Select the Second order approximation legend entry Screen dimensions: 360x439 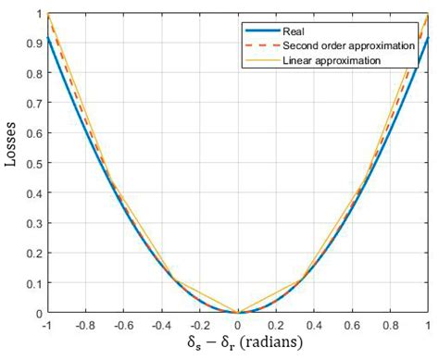(346, 45)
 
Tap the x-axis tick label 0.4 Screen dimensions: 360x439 (314, 326)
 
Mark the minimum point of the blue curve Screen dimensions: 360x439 (238, 313)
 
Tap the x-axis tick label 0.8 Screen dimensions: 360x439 (390, 326)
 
